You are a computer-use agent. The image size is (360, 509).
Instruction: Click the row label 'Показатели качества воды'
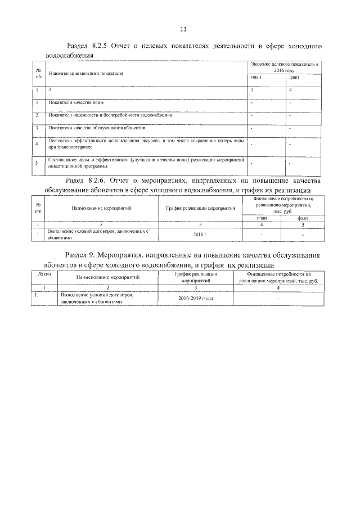point(75,103)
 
